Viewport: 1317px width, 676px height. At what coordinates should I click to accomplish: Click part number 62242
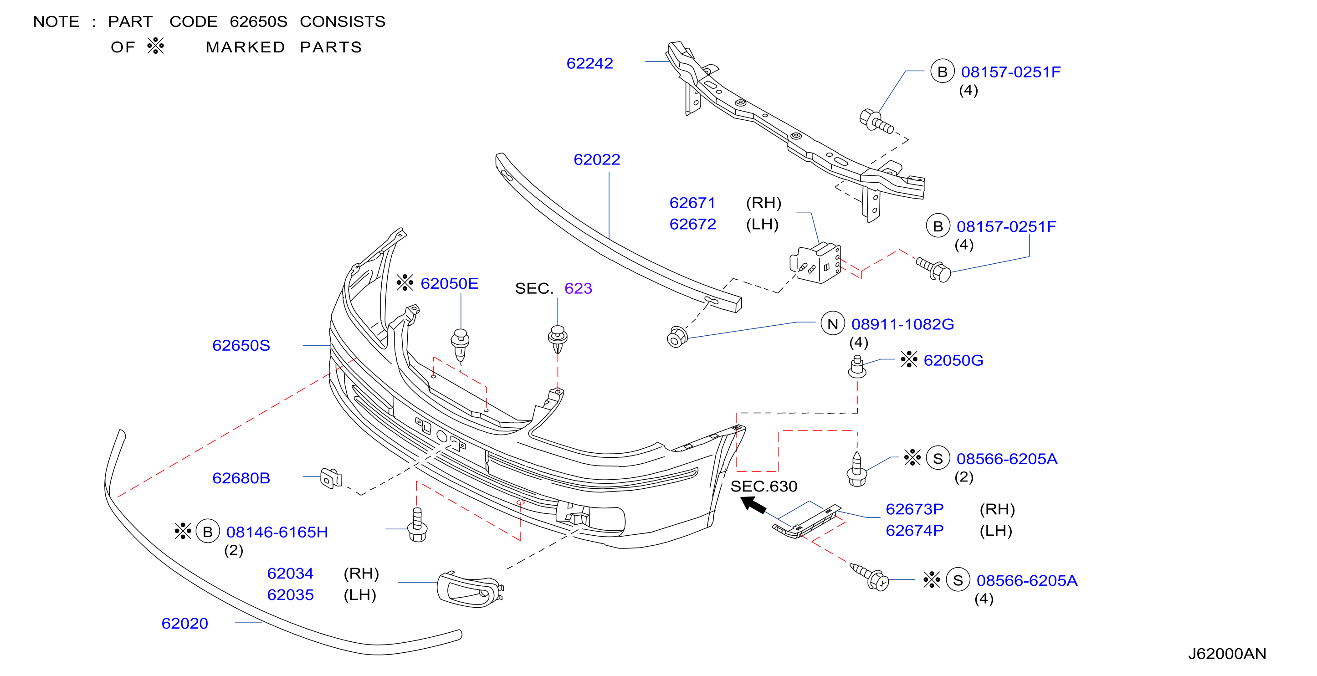(x=589, y=63)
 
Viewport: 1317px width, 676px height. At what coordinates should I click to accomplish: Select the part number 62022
(x=597, y=159)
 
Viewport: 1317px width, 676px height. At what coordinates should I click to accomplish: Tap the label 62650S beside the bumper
(x=241, y=346)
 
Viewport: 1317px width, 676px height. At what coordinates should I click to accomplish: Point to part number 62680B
(x=241, y=478)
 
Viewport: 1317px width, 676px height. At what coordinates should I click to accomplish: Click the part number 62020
(x=184, y=623)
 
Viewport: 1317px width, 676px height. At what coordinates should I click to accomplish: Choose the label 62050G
(x=953, y=360)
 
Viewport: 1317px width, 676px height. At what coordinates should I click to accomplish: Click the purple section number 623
(x=578, y=288)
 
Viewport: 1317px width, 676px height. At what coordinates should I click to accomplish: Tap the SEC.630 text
(x=764, y=487)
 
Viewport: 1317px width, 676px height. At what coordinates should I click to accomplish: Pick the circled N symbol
(x=832, y=324)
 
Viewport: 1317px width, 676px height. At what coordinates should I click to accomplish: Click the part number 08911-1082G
(x=902, y=324)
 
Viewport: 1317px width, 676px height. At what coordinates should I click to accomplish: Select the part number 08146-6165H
(x=277, y=533)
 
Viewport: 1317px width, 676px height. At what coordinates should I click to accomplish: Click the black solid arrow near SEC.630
(x=753, y=505)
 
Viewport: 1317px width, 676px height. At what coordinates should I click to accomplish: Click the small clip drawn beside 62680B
(x=331, y=479)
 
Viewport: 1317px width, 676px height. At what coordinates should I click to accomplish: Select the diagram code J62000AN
(x=1226, y=654)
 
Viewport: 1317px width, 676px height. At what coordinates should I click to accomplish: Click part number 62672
(x=692, y=225)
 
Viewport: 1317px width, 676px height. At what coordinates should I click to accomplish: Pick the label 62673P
(x=914, y=509)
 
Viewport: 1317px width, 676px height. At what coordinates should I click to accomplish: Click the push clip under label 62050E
(x=460, y=344)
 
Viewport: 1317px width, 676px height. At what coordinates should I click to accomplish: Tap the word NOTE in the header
(x=56, y=22)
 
